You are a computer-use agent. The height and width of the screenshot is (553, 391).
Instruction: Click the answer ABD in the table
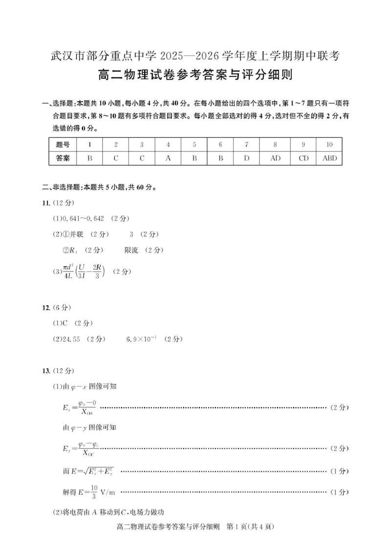pyautogui.click(x=330, y=158)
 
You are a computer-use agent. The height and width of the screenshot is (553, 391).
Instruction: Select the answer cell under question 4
pyautogui.click(x=168, y=158)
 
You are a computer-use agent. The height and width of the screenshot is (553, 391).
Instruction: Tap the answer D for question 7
pyautogui.click(x=246, y=158)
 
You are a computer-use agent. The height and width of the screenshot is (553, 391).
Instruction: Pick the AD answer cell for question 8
pyautogui.click(x=275, y=158)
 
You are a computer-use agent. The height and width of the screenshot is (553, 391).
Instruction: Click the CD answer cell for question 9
pyautogui.click(x=304, y=158)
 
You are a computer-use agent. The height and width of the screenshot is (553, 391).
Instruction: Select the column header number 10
pyautogui.click(x=330, y=144)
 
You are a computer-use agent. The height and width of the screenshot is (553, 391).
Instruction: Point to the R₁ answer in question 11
pyautogui.click(x=73, y=250)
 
